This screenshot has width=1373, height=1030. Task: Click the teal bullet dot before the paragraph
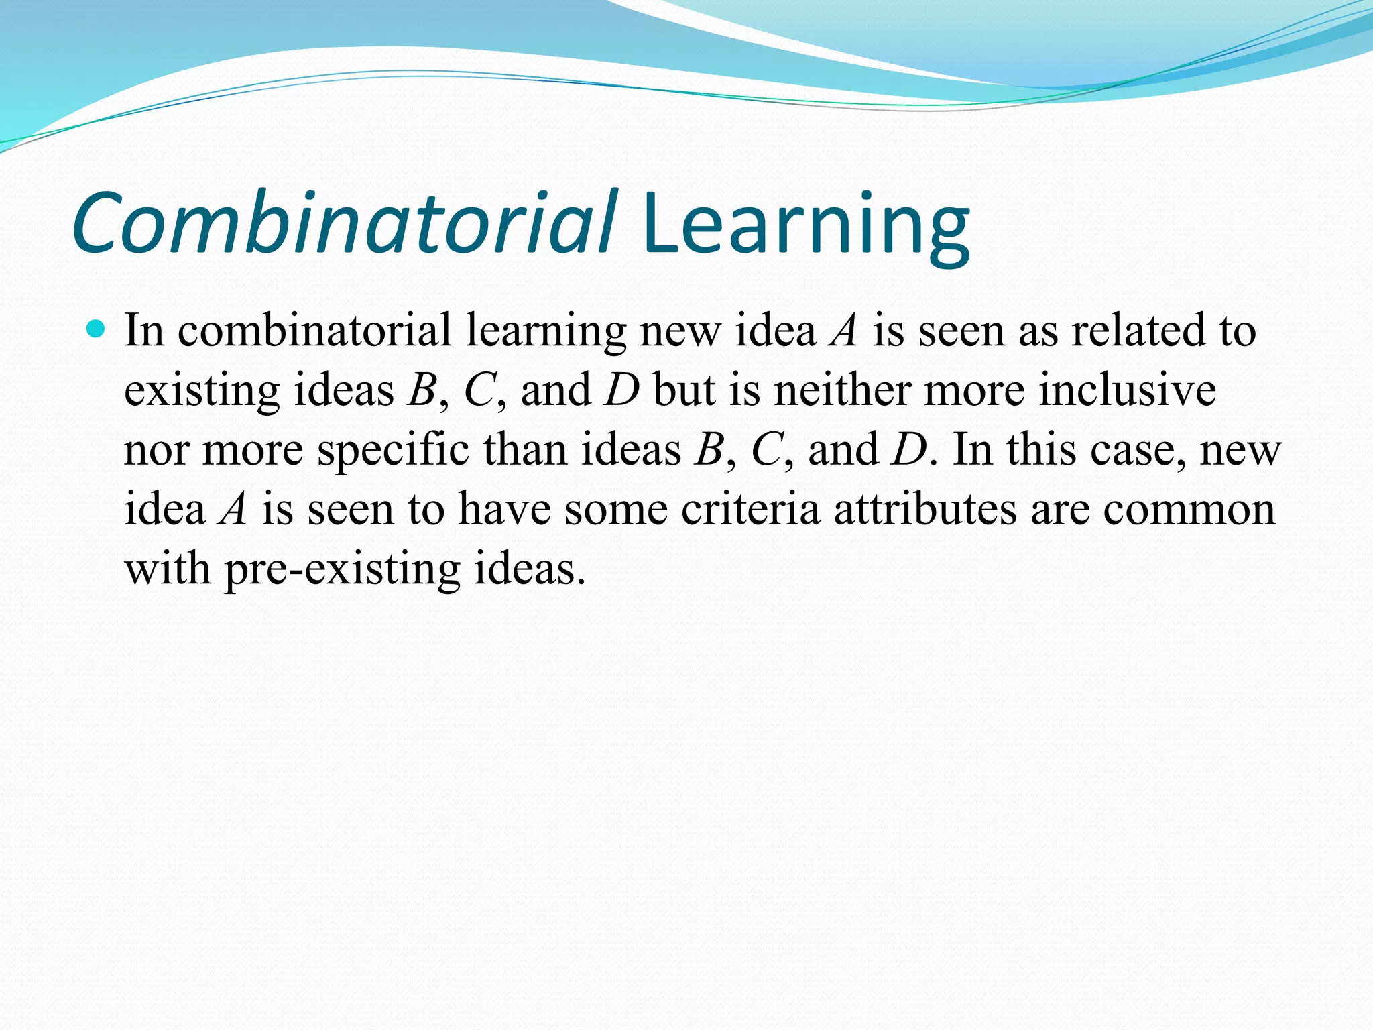tap(97, 329)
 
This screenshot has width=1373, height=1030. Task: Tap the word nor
tap(156, 451)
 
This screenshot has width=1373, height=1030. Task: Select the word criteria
tap(750, 509)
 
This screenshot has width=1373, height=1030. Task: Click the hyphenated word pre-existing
tap(342, 570)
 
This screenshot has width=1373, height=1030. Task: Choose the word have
tap(503, 509)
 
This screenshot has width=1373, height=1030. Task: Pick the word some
tap(615, 510)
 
